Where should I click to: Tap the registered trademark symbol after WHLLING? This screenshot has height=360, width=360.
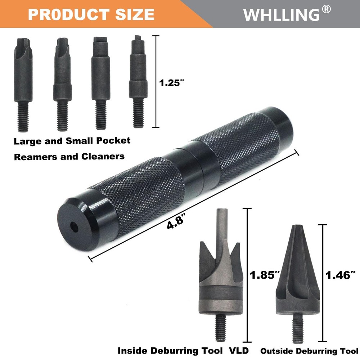pos(326,10)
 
